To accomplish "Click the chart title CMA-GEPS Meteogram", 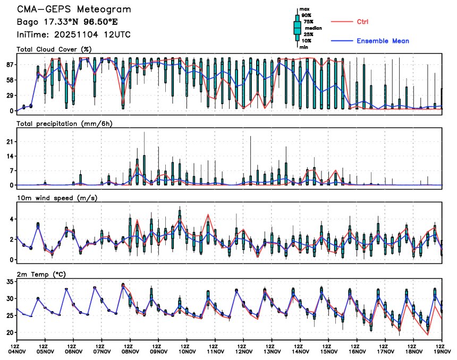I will [74, 10].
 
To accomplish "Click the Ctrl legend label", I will [363, 21].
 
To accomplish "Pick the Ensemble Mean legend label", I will [383, 41].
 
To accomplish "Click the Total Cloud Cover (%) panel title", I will [54, 49].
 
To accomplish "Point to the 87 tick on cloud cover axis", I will [10, 64].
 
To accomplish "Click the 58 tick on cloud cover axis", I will [10, 80].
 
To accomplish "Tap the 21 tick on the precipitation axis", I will [10, 142].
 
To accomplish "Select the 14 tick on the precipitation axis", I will [10, 156].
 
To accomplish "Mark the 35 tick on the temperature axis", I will [10, 282].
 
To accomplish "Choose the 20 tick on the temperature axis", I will [10, 332].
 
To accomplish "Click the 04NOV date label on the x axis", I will [17, 351].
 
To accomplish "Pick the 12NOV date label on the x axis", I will [244, 351].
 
